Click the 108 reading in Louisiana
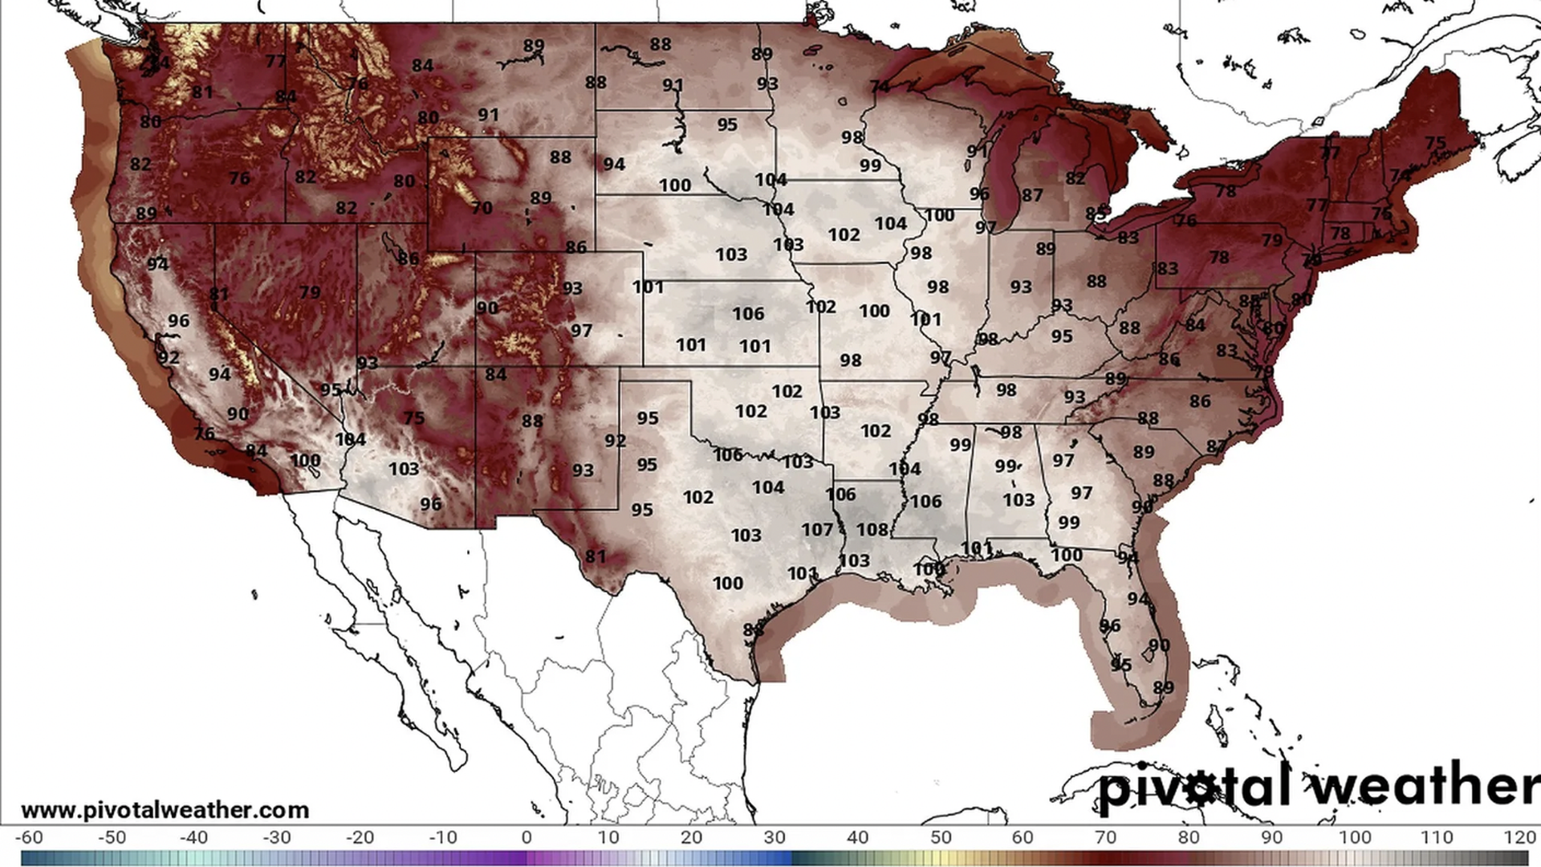pos(872,530)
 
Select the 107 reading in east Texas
pos(817,530)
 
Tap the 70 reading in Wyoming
pos(482,209)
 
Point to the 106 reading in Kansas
pos(748,314)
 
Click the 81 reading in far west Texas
pos(595,556)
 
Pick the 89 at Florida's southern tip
pos(1163,688)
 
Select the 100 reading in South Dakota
pos(675,185)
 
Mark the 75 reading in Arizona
pos(414,418)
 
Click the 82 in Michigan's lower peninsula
pos(1075,179)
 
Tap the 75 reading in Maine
pos(1435,143)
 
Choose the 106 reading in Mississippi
pos(925,502)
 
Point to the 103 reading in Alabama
pos(1019,500)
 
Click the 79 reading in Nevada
pos(310,292)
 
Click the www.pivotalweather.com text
pos(165,810)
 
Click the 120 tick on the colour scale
pos(1519,838)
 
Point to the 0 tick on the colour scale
pos(527,838)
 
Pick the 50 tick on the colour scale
pos(941,838)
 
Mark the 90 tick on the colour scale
pos(1271,838)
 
